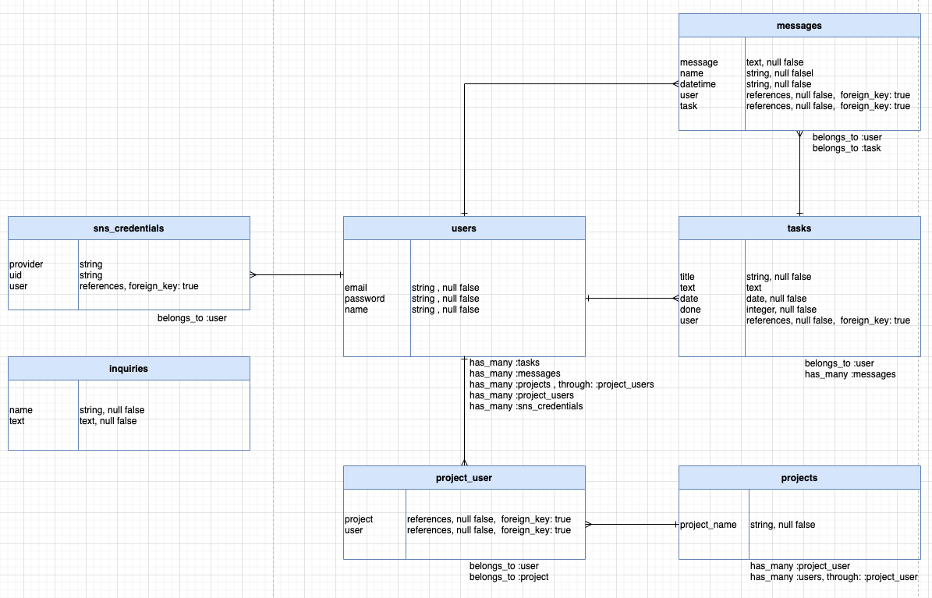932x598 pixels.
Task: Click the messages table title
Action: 799,26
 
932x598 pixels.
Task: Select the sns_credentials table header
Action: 129,228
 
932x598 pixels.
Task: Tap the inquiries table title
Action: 129,369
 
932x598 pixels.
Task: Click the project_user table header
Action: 464,478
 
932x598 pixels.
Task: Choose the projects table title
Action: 799,478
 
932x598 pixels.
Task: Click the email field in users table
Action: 356,288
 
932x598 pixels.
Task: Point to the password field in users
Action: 364,299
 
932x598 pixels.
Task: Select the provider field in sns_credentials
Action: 27,264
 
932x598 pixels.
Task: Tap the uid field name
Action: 16,275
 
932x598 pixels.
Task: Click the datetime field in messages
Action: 697,84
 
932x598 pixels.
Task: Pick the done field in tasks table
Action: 690,310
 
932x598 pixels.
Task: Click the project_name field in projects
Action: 708,525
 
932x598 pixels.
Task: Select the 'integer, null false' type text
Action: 781,310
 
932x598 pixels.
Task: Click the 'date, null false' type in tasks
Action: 776,299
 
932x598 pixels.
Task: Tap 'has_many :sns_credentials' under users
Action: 526,406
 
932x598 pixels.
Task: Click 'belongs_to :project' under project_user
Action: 509,577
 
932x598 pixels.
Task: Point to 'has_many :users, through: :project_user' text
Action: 834,577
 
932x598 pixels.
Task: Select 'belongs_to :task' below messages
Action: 846,148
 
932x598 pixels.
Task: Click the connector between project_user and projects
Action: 632,525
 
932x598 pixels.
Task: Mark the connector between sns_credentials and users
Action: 296,274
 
